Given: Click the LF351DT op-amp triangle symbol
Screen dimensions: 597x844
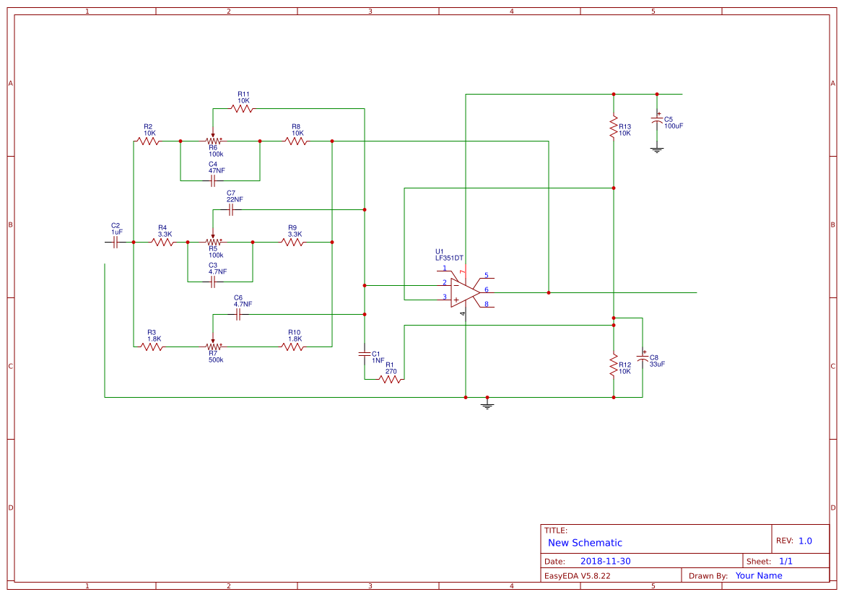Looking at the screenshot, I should click(464, 292).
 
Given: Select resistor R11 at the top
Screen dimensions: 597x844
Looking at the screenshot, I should click(242, 109).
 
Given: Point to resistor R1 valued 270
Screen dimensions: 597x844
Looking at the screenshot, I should click(390, 379).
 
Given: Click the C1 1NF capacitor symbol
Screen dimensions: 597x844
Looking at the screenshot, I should click(365, 354).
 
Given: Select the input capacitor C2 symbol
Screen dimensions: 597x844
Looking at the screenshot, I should click(116, 243).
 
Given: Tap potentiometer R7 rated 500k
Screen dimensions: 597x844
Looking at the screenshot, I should click(213, 347).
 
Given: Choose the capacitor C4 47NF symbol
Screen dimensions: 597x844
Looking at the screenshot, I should click(213, 180).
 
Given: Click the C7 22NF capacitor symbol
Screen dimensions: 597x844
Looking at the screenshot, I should click(231, 210).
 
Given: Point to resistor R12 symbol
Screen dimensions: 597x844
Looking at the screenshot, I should click(614, 364).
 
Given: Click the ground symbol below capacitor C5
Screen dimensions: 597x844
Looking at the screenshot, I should click(657, 150).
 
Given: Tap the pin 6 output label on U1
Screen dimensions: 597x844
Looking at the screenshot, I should click(486, 289).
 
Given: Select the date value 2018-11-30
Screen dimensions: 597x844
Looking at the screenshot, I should click(605, 561).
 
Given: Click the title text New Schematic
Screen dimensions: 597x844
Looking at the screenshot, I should click(585, 543).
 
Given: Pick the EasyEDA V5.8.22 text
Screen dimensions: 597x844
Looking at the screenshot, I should click(577, 575).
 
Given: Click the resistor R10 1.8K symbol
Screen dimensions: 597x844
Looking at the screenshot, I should click(292, 347).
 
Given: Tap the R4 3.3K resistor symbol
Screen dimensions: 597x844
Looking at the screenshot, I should click(162, 243).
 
